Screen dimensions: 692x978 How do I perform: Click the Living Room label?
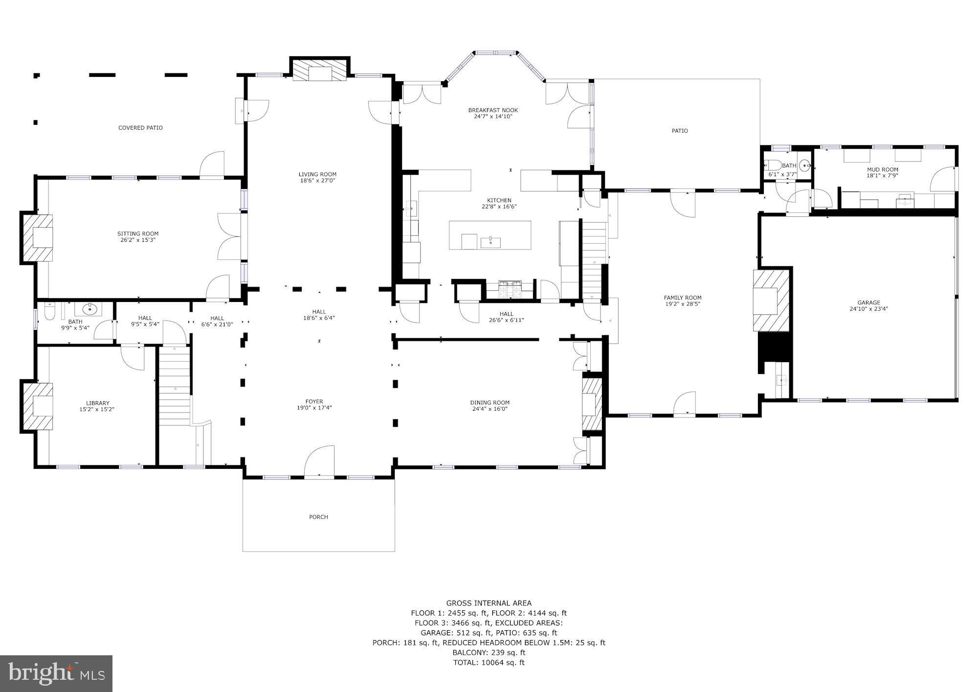pos(317,174)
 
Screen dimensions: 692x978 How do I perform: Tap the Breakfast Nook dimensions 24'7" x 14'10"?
pos(492,116)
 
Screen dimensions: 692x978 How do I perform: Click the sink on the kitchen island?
pos(490,242)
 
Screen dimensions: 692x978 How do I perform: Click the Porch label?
pos(318,517)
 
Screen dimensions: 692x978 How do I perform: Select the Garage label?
pos(868,302)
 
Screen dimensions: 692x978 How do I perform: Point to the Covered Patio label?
pos(140,128)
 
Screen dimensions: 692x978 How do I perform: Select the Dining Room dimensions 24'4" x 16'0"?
pos(490,409)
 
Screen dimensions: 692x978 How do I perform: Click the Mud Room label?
pos(882,169)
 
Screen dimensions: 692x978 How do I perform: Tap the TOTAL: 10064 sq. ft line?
pos(489,663)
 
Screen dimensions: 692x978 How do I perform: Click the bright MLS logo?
pos(56,673)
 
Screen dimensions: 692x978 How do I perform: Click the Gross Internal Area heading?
pos(489,603)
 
